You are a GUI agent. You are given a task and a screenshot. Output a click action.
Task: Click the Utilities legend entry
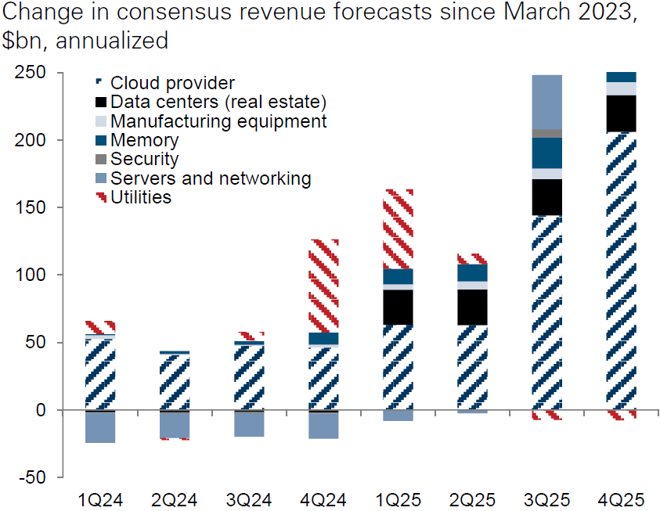141,197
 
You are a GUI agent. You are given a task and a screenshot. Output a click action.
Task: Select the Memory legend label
144,140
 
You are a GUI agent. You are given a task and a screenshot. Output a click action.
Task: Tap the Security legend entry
144,159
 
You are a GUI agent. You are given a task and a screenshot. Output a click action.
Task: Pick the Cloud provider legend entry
172,82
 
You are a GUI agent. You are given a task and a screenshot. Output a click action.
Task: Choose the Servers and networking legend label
211,178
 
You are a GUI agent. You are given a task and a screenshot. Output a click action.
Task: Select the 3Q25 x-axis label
547,498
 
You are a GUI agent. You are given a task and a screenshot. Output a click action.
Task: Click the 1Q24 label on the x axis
101,498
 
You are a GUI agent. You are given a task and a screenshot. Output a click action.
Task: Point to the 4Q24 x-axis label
324,498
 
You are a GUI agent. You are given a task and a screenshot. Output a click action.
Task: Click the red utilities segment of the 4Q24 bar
324,286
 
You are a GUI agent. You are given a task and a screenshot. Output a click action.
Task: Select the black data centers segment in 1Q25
399,308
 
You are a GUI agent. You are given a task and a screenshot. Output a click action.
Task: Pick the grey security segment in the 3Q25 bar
547,133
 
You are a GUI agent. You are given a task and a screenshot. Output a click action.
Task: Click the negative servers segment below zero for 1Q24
101,427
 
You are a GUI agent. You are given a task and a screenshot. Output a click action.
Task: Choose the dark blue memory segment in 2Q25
473,272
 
